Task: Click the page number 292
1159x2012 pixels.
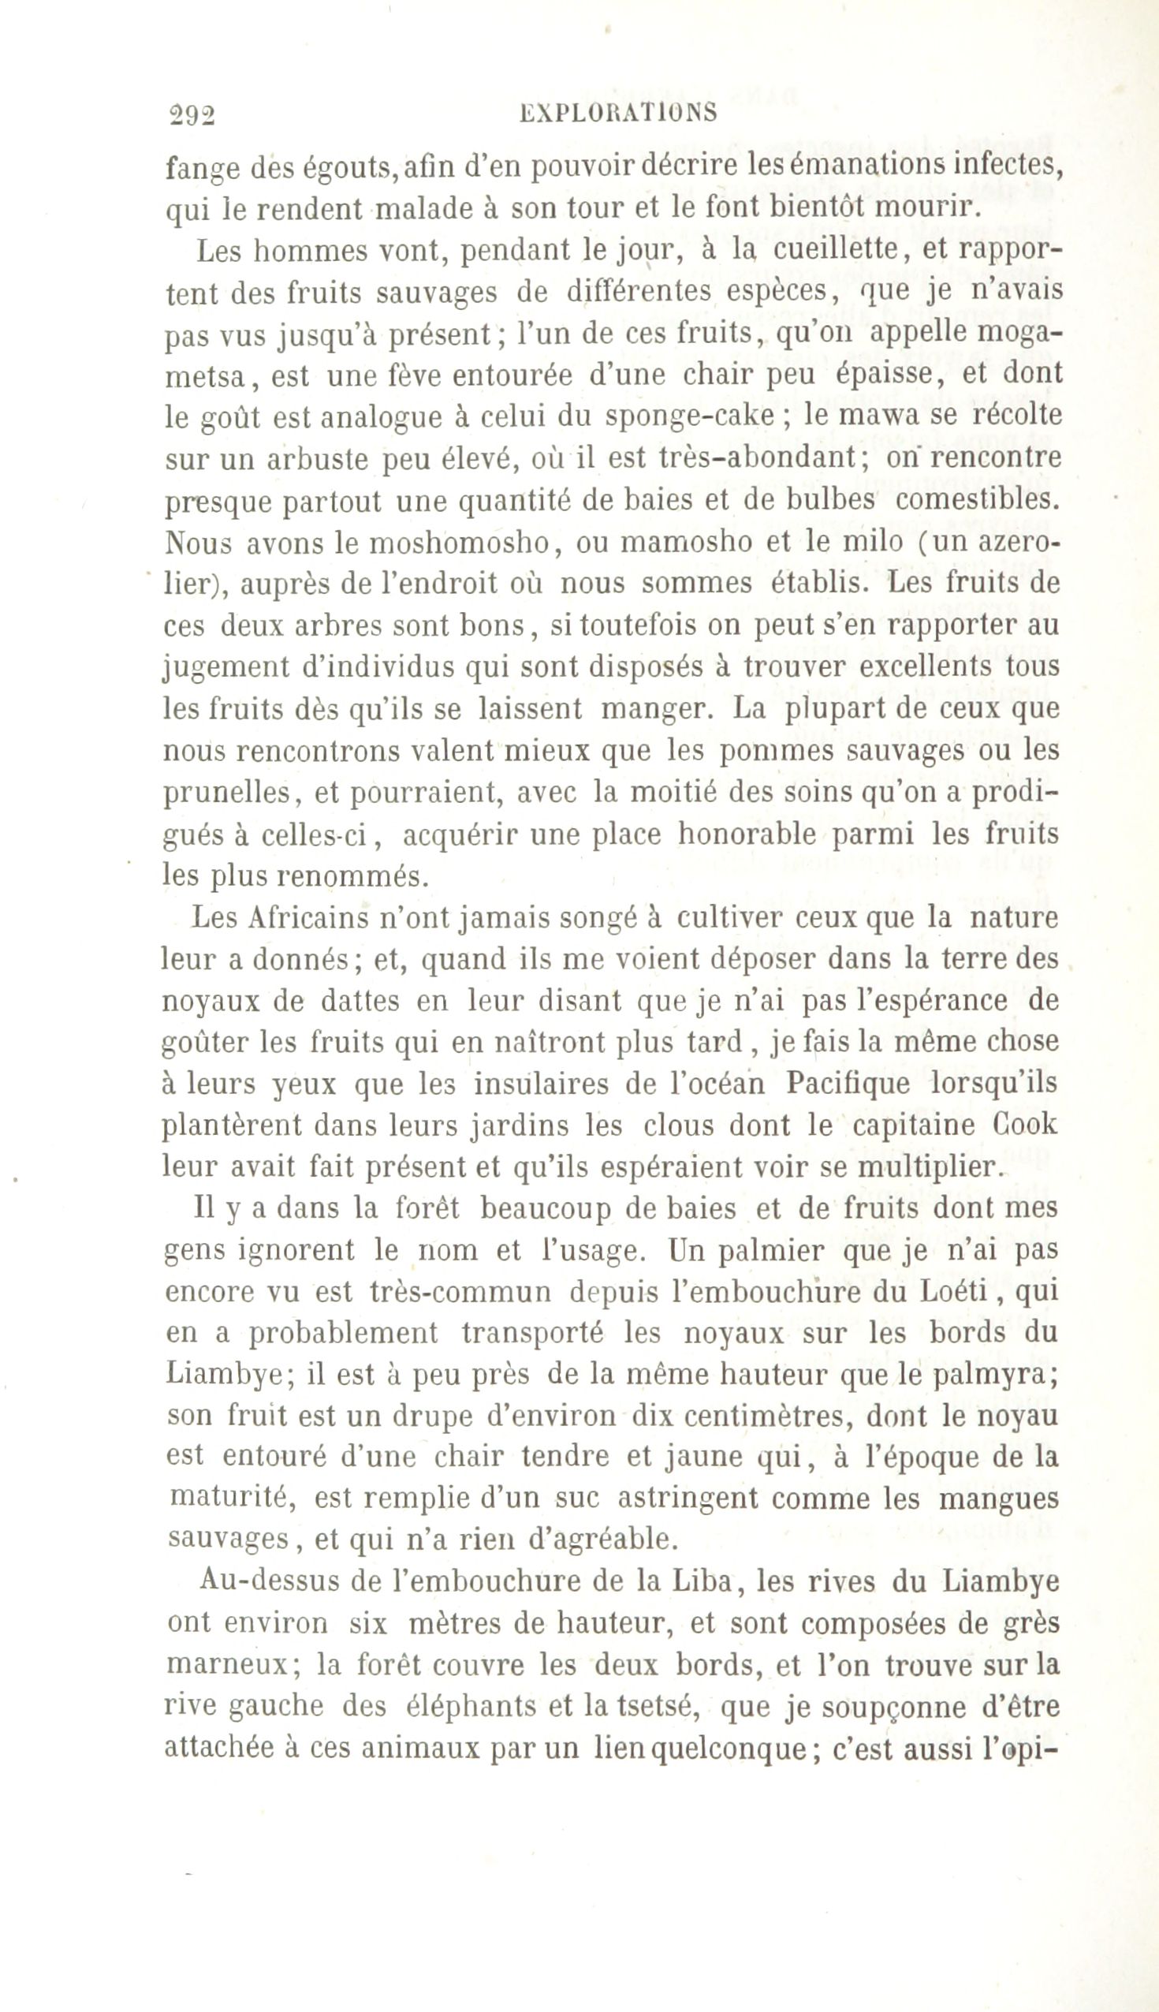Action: pyautogui.click(x=191, y=115)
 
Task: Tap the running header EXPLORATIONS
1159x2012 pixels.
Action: pyautogui.click(x=617, y=113)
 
